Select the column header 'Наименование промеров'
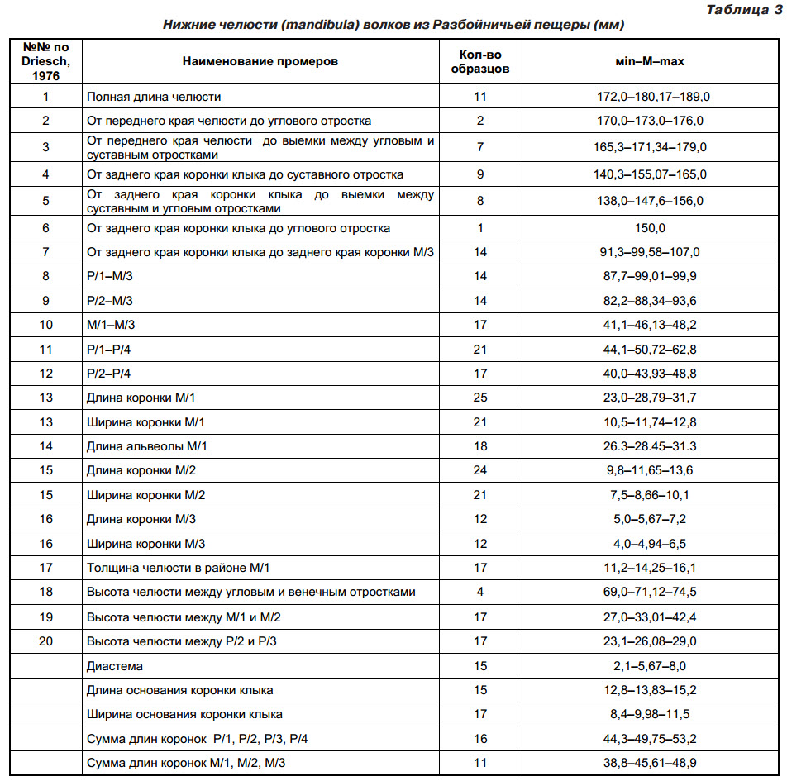pyautogui.click(x=260, y=61)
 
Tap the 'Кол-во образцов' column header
pyautogui.click(x=479, y=61)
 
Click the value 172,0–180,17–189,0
pyautogui.click(x=653, y=97)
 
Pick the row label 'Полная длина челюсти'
pyautogui.click(x=155, y=97)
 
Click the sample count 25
pyautogui.click(x=480, y=398)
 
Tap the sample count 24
pyautogui.click(x=480, y=470)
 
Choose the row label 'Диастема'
pyautogui.click(x=115, y=665)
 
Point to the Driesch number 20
pyautogui.click(x=45, y=641)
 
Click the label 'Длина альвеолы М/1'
pyautogui.click(x=147, y=446)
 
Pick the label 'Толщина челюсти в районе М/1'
pyautogui.click(x=179, y=568)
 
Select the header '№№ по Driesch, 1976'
pyautogui.click(x=45, y=61)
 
